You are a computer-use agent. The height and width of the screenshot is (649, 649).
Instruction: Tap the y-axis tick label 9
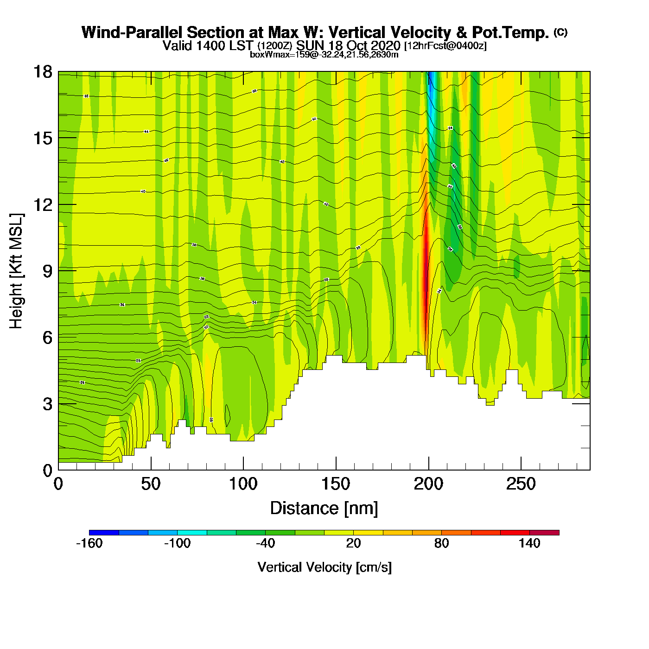tap(47, 271)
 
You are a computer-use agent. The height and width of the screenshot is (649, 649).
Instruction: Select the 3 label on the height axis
tap(47, 404)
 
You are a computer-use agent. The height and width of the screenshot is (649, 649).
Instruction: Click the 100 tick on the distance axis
tap(243, 484)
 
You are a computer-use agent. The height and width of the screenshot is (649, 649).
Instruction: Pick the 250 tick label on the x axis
tap(521, 484)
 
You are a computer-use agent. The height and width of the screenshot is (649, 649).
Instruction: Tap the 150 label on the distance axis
tap(336, 484)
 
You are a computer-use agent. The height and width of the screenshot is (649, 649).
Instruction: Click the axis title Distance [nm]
tap(324, 509)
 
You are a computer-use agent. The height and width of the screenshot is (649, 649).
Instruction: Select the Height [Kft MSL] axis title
tap(17, 271)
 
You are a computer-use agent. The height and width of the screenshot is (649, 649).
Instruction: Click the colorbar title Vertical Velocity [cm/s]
tap(324, 567)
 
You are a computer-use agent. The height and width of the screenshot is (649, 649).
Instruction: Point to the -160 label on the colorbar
tap(89, 543)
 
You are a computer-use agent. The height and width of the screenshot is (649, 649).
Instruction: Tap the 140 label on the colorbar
tap(529, 543)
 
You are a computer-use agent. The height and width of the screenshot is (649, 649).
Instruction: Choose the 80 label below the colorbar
tap(441, 543)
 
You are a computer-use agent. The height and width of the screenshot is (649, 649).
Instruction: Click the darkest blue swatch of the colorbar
tap(104, 533)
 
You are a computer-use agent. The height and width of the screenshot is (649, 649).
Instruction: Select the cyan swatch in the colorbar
tap(192, 533)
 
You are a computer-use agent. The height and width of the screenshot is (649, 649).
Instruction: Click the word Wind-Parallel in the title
tap(133, 33)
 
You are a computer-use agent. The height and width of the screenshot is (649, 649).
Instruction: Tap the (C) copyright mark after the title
tap(560, 32)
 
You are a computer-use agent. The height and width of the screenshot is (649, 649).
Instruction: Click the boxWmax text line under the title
tap(324, 55)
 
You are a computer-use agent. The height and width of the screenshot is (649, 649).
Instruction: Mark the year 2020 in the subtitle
tap(382, 46)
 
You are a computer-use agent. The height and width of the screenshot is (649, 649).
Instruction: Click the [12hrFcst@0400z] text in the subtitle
tap(445, 46)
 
